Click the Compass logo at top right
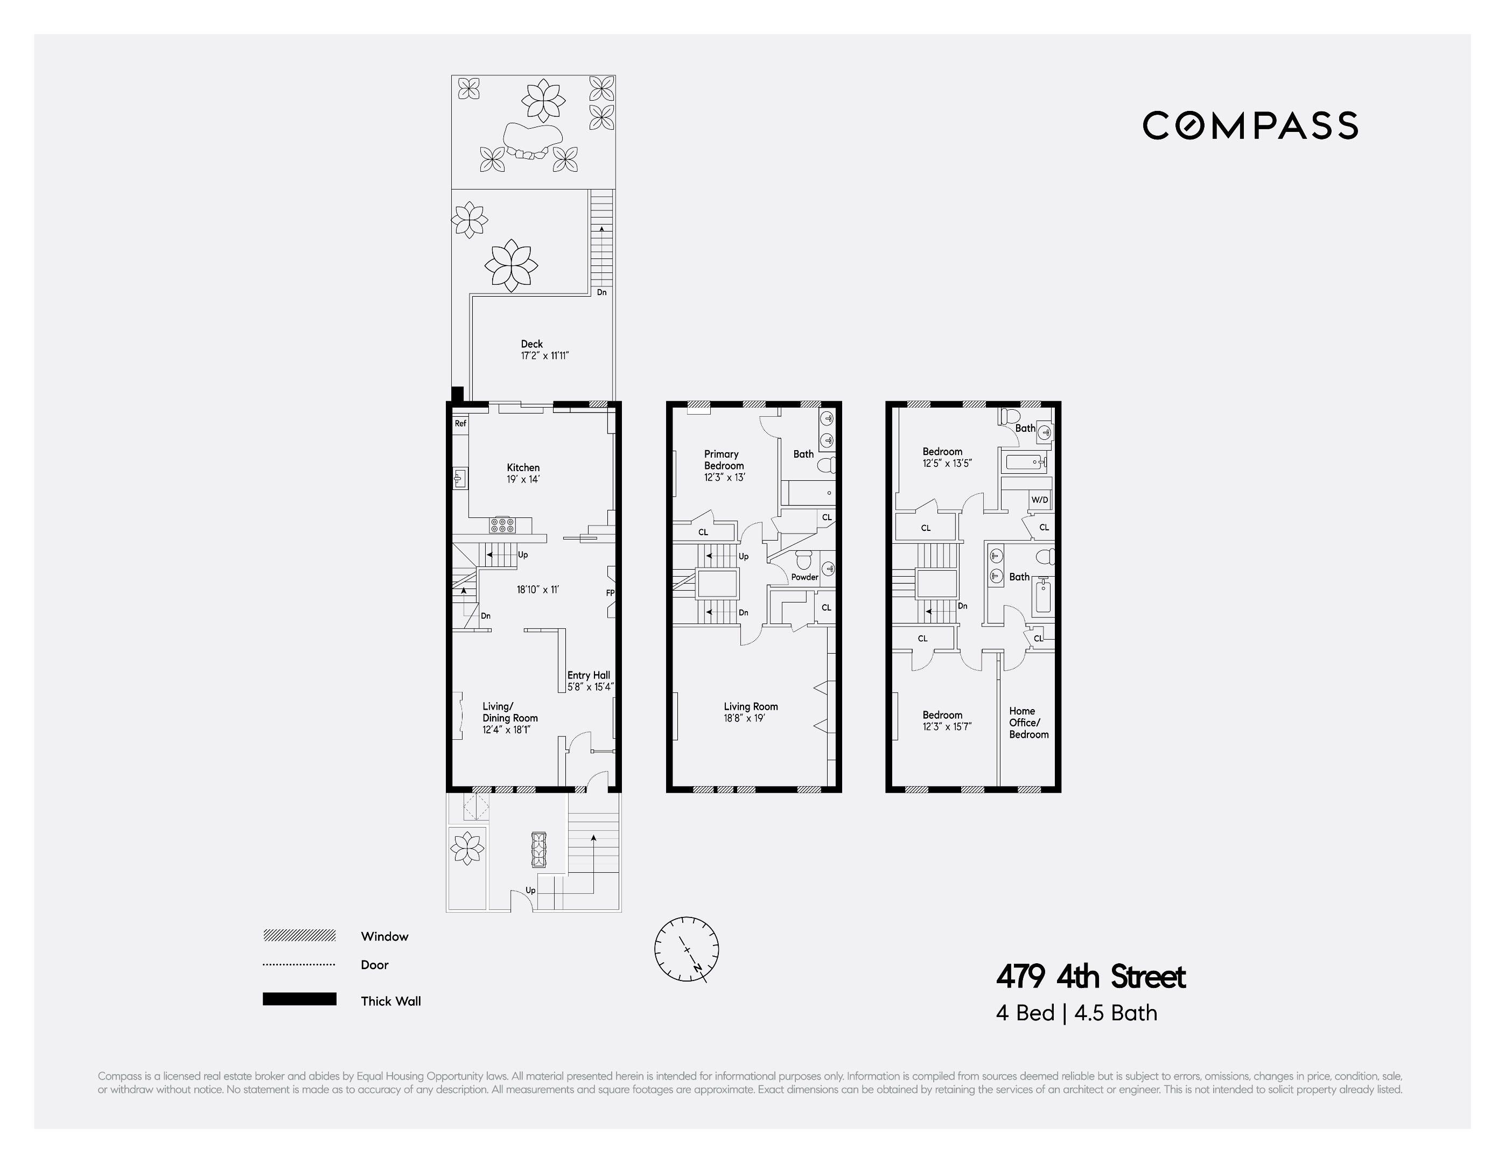(1250, 125)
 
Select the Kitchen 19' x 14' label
(523, 473)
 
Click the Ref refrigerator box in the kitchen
(460, 424)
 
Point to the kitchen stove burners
(502, 525)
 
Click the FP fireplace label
(610, 592)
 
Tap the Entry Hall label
(589, 681)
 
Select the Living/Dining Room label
(509, 717)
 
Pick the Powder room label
(804, 577)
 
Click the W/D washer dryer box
(1039, 500)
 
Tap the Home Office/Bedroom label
(1028, 722)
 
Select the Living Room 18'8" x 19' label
(751, 712)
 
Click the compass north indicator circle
(687, 949)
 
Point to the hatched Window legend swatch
(299, 936)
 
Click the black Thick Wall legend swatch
(299, 999)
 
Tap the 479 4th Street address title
(1090, 977)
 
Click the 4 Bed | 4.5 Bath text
(1076, 1013)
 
